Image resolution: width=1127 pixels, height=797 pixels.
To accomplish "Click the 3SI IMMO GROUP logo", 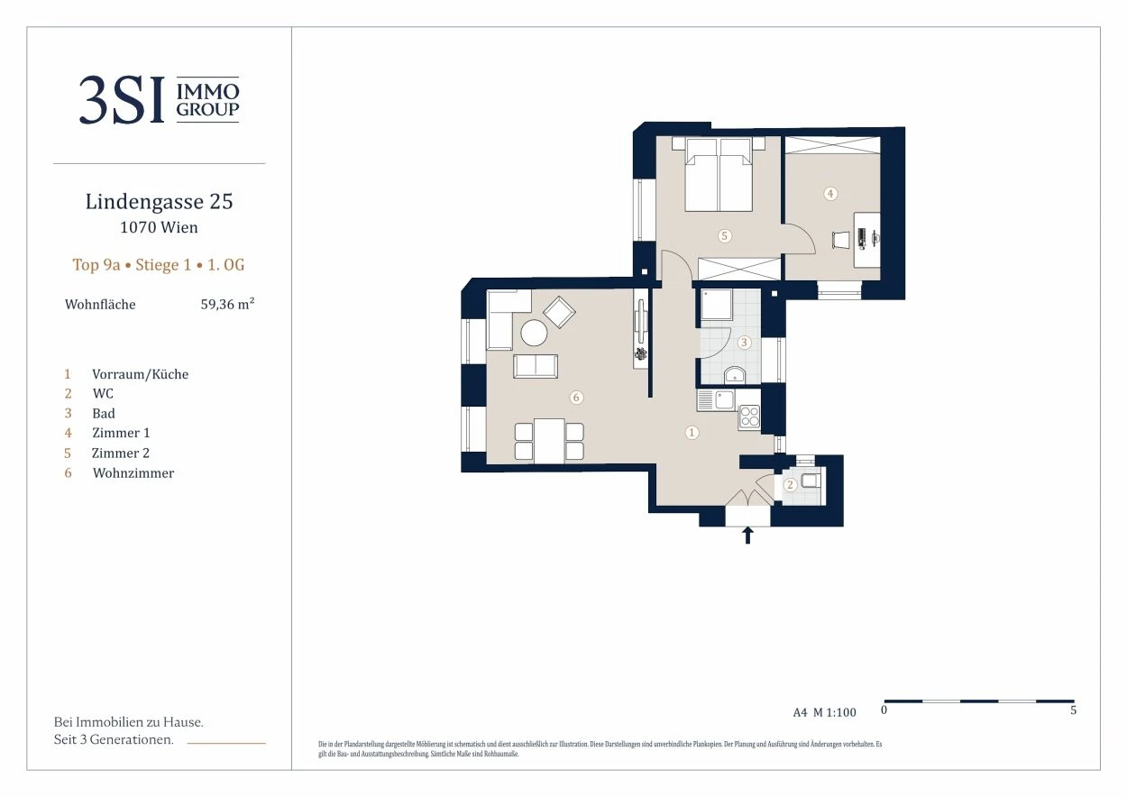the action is click(159, 99).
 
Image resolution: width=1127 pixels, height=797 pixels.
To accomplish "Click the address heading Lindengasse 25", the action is click(159, 202).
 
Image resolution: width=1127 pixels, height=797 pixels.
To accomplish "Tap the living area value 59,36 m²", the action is click(227, 304).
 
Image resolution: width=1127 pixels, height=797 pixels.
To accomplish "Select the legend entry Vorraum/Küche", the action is click(140, 374).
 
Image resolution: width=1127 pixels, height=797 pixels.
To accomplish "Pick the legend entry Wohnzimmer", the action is click(133, 473).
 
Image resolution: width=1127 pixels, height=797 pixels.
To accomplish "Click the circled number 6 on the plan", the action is click(576, 398).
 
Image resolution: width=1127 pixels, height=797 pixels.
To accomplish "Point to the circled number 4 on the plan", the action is click(830, 193).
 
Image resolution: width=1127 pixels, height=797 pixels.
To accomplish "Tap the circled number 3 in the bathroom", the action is click(744, 343).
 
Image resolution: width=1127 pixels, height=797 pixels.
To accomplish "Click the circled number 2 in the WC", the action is click(790, 484).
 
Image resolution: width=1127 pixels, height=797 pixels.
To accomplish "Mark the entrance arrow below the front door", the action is click(747, 535).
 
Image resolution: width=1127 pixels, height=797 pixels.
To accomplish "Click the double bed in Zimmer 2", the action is click(719, 175).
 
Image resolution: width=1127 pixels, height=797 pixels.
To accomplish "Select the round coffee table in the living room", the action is click(534, 333).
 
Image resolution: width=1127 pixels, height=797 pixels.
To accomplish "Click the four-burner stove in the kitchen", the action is click(749, 417).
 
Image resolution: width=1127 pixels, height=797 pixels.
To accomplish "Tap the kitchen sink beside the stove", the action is click(725, 400).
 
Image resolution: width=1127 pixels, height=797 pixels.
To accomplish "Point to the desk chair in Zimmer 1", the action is click(840, 240).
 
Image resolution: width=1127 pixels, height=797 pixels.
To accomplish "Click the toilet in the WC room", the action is click(810, 481).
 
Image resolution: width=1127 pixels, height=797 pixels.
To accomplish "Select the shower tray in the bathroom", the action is click(717, 305).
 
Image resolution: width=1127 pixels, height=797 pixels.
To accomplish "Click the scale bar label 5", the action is click(1073, 710).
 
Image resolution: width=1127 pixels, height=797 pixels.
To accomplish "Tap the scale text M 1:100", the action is click(835, 712).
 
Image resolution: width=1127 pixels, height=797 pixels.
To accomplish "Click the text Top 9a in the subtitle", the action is click(96, 265).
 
